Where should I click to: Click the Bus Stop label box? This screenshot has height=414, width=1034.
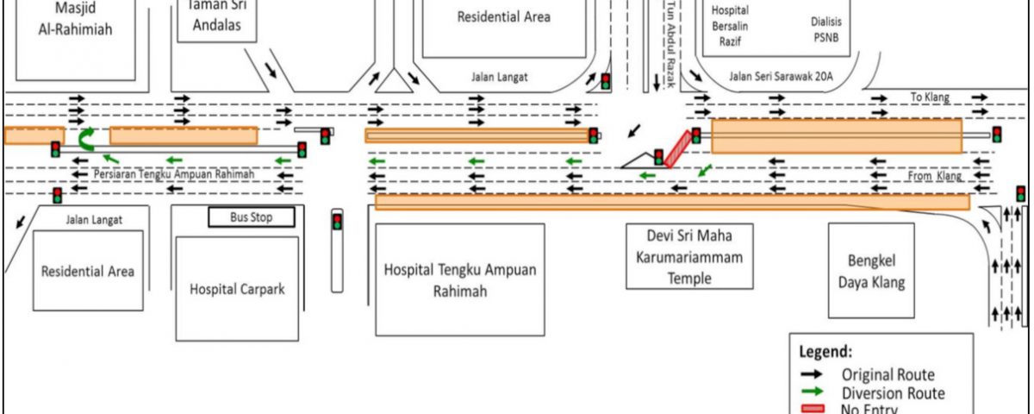[252, 217]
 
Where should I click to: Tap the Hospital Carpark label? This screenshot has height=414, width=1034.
[237, 289]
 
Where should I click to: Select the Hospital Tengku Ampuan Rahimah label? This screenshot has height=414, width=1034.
[460, 280]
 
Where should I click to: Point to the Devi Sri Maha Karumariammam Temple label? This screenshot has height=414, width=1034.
[689, 256]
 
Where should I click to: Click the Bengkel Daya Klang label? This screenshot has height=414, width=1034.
[871, 271]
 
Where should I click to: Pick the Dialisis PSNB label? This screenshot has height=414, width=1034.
[825, 28]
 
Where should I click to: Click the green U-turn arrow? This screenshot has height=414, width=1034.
[87, 138]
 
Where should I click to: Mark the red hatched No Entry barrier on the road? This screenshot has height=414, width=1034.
[679, 147]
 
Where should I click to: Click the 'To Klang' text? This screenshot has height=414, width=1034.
[931, 97]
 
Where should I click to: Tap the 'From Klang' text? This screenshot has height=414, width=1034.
[934, 176]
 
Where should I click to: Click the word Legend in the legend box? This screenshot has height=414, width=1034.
[826, 352]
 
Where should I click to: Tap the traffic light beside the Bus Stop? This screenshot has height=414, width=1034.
[337, 222]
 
